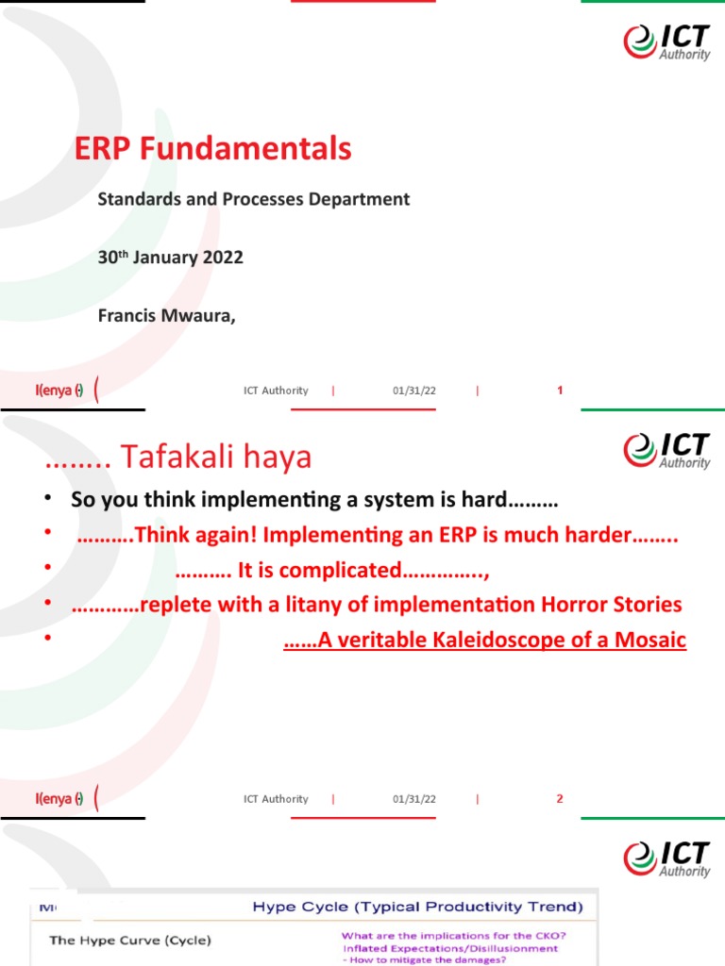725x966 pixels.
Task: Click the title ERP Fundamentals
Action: coord(212,149)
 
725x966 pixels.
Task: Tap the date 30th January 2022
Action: coord(170,258)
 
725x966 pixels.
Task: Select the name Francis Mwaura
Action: coord(165,315)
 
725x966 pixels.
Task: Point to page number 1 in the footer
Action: coord(560,391)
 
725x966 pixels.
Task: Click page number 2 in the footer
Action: coord(560,799)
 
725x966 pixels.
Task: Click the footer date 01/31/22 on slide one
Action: coord(414,391)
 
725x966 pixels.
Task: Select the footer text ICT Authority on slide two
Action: coord(276,799)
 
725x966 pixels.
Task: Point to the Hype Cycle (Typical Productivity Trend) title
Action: coord(417,908)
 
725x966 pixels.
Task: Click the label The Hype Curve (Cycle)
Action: coord(130,940)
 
